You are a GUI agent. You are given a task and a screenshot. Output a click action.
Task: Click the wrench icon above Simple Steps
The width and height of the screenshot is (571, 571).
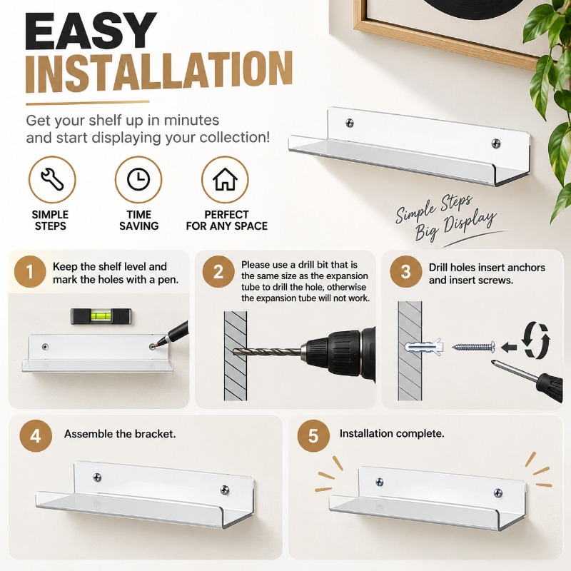[52, 179]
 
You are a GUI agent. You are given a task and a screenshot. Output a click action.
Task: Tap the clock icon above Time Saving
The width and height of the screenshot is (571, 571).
[138, 179]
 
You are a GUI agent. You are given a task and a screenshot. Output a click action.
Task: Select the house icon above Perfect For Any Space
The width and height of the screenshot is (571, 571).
[225, 179]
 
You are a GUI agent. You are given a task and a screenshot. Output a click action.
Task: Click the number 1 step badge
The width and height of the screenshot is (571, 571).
[30, 272]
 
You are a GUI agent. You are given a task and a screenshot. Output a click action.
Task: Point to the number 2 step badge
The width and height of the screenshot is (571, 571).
[218, 272]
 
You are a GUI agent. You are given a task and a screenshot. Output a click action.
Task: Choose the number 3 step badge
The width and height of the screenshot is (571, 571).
[405, 272]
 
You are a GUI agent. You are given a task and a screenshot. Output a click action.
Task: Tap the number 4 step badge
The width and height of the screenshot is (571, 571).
[36, 436]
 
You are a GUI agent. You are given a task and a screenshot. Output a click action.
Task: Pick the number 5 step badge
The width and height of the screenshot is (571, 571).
[313, 436]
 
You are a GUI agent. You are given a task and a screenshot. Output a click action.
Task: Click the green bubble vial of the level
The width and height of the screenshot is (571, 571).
[98, 315]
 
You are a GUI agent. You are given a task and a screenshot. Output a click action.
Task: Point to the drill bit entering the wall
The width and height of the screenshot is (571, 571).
[268, 352]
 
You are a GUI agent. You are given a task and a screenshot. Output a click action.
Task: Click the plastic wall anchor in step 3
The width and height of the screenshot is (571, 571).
[425, 347]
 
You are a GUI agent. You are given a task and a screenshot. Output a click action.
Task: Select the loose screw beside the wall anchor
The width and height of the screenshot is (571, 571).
[474, 346]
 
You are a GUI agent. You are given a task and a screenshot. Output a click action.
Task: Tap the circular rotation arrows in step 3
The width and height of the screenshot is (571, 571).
[537, 340]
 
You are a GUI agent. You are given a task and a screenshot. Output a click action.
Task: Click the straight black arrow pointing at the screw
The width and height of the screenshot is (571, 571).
[509, 347]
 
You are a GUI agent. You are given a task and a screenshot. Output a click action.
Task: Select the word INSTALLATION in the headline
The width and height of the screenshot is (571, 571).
[159, 72]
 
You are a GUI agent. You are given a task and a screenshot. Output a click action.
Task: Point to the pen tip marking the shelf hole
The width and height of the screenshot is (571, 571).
[153, 346]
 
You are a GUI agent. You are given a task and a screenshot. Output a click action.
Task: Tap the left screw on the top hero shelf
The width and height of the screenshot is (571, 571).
[350, 123]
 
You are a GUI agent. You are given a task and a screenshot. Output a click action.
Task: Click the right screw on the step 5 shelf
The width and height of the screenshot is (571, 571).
[497, 493]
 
